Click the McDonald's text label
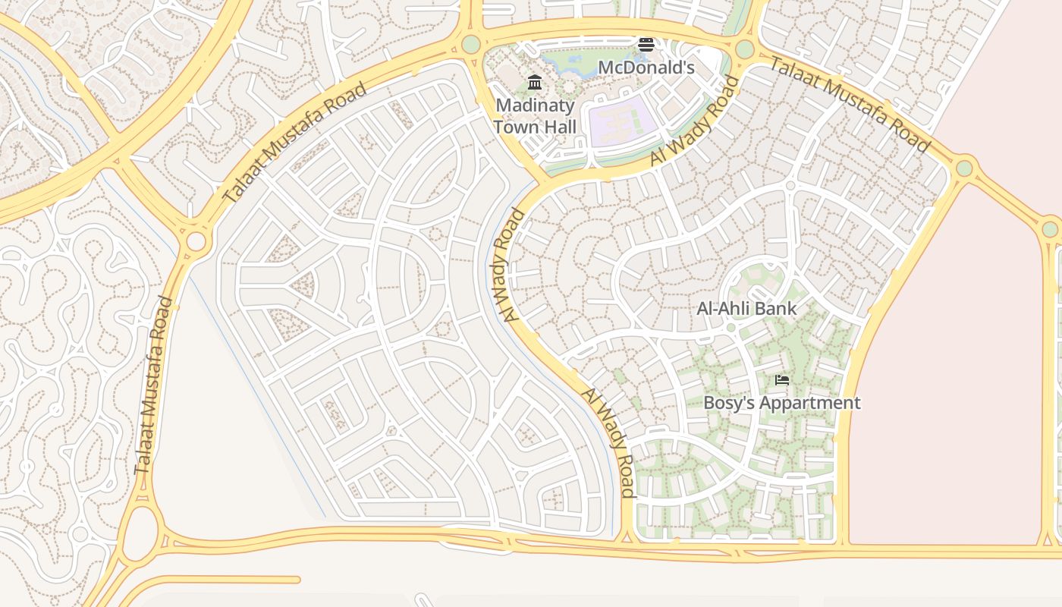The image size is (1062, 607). [646, 68]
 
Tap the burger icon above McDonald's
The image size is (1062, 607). [646, 45]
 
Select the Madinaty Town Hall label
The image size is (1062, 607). [535, 115]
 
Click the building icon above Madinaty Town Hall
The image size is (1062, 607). [535, 82]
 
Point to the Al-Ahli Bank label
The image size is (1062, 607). [746, 309]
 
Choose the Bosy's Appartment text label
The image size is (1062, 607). [782, 403]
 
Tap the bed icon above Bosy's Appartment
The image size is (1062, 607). [782, 379]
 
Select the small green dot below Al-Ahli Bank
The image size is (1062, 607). [731, 328]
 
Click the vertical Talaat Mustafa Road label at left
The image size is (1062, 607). [153, 386]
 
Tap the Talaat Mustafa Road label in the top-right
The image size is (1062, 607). [850, 104]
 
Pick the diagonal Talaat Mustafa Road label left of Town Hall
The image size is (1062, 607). [294, 142]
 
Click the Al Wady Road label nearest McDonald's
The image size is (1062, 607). [695, 121]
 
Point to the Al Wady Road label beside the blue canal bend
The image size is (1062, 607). [509, 265]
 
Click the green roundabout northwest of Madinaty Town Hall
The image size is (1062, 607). [471, 44]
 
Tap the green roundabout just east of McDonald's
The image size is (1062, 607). [744, 49]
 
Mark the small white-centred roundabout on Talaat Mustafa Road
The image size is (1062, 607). [196, 242]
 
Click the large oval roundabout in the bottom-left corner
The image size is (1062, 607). [140, 533]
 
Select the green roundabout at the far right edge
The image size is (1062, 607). [1050, 228]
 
